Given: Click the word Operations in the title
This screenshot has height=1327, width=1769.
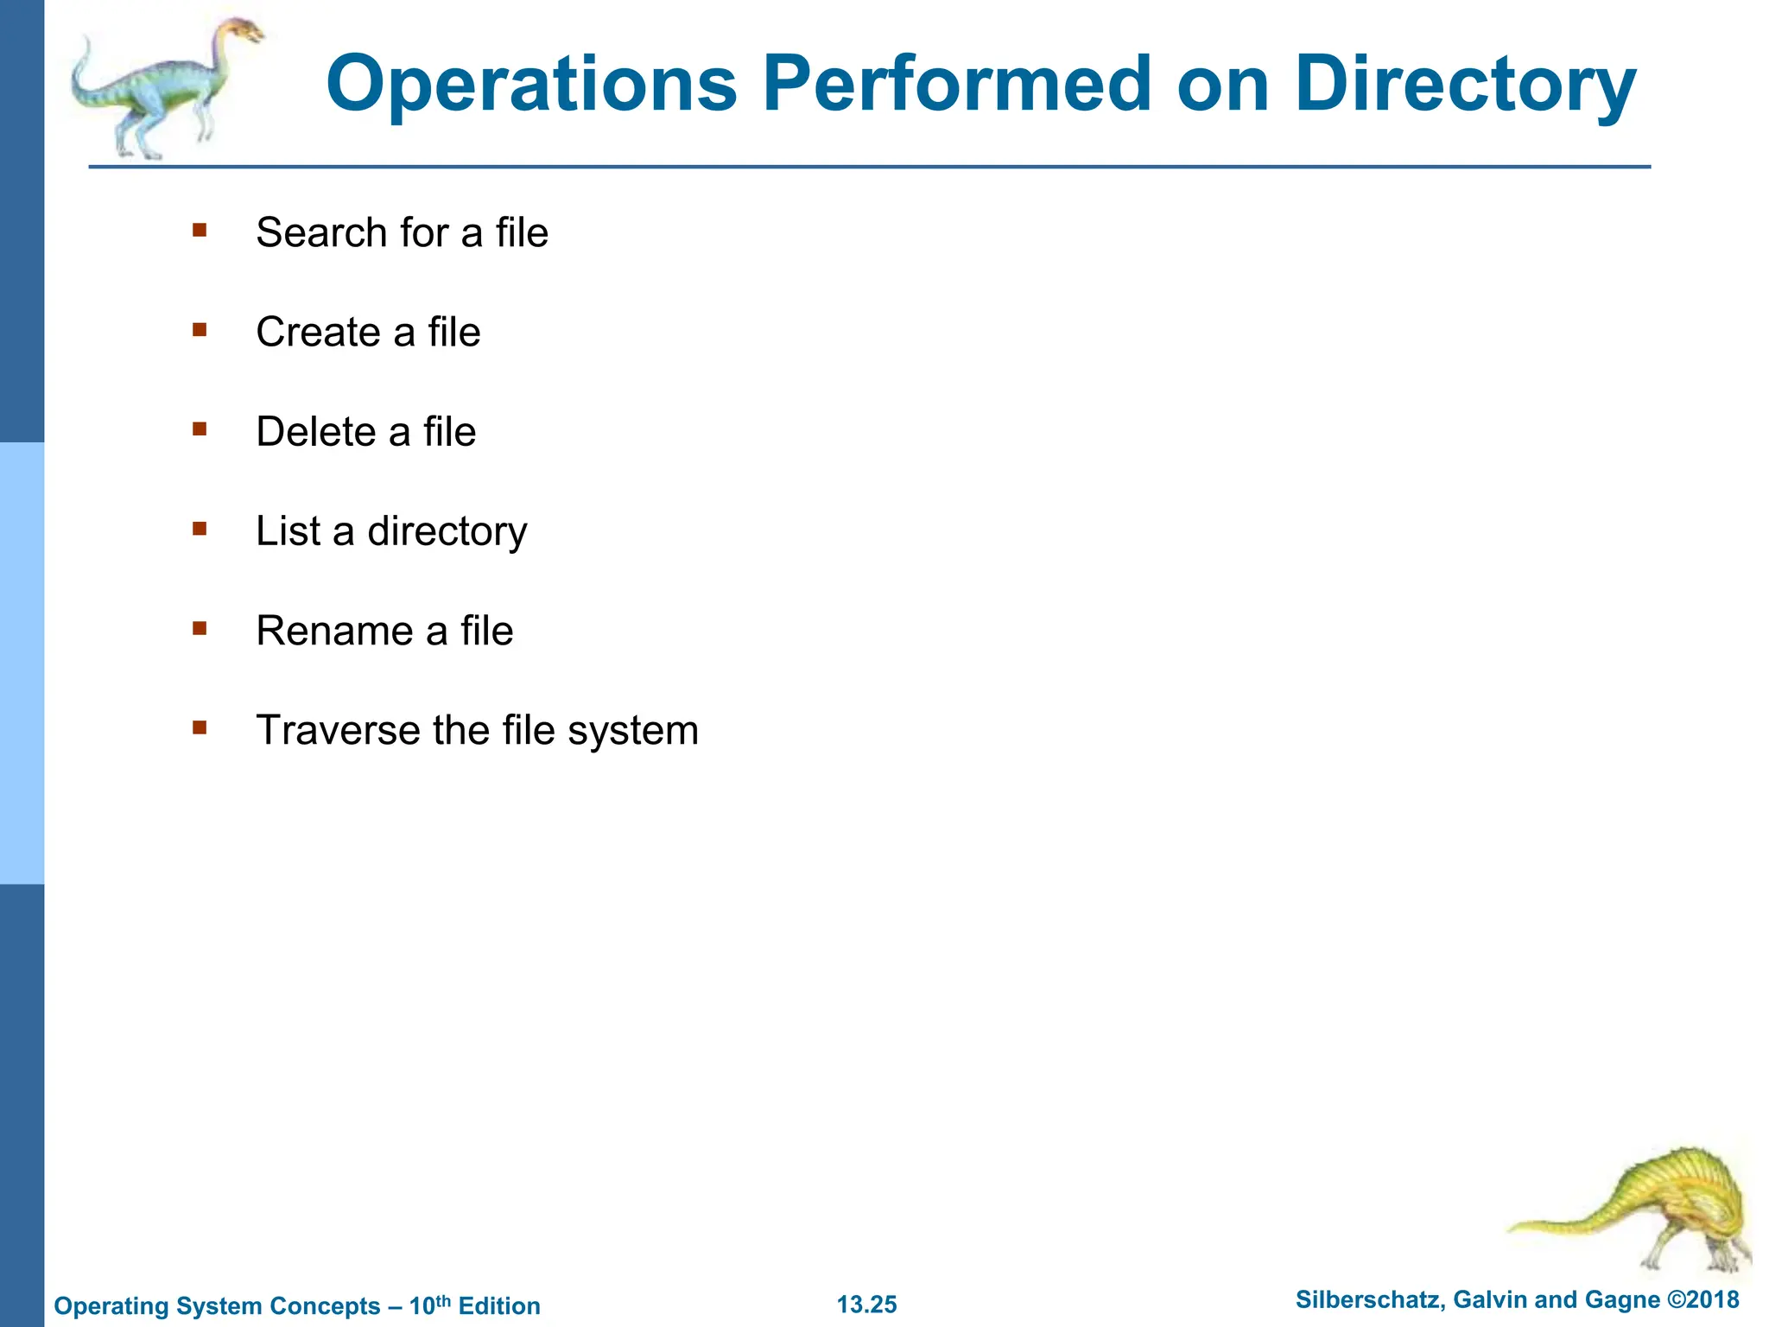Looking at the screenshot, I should pyautogui.click(x=531, y=84).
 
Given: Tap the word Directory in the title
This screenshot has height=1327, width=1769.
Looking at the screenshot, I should pyautogui.click(x=1465, y=86).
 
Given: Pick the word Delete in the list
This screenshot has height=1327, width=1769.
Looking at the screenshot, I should pyautogui.click(x=316, y=431).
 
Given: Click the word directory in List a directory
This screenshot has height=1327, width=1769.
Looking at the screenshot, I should pyautogui.click(x=447, y=532).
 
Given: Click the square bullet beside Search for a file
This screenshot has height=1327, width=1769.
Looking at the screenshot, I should pyautogui.click(x=200, y=230).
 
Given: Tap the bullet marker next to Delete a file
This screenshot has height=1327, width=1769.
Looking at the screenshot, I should pyautogui.click(x=200, y=429).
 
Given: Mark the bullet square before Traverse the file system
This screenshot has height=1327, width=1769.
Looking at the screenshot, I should pyautogui.click(x=200, y=727).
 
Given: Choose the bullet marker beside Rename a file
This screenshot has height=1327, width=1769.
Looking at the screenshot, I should pyautogui.click(x=200, y=628).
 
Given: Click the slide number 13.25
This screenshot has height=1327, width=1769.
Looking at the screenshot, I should pyautogui.click(x=866, y=1305).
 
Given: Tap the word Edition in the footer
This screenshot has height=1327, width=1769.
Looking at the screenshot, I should pyautogui.click(x=499, y=1306).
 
